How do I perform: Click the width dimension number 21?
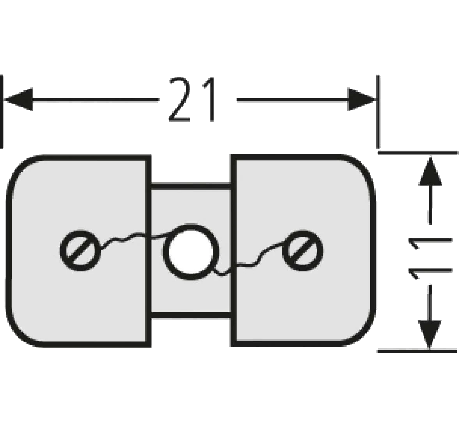click(191, 99)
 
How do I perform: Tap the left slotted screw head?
click(80, 251)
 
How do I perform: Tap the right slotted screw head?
click(303, 251)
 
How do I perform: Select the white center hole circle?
click(191, 252)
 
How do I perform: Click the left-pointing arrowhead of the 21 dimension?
click(18, 99)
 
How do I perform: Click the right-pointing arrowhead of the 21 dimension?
click(362, 99)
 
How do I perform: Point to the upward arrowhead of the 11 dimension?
click(430, 171)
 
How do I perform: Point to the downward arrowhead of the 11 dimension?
click(429, 335)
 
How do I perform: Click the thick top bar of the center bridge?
click(191, 186)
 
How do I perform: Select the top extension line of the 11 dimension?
click(418, 153)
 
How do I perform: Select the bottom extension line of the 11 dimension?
click(417, 351)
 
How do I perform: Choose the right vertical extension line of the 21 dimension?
click(378, 112)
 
